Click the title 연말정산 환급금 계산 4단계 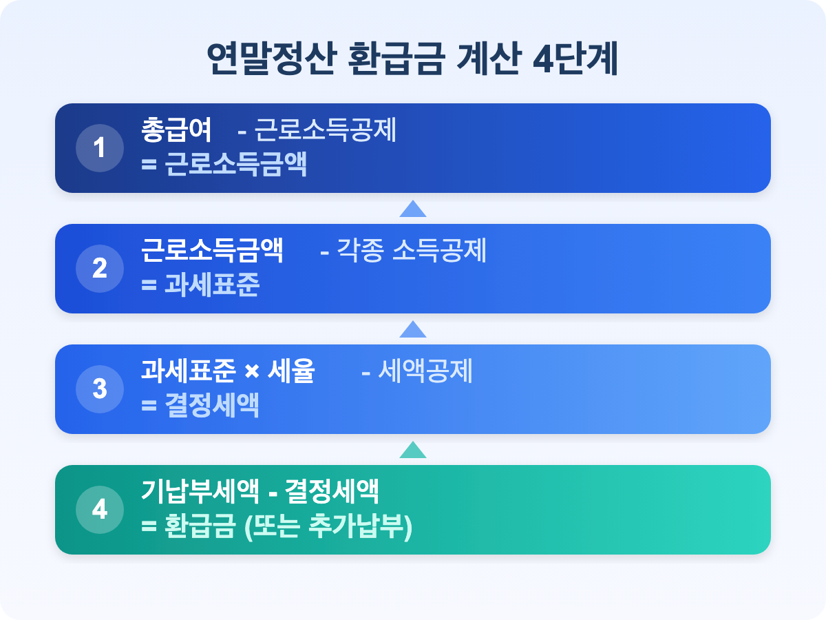412,59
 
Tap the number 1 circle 100,148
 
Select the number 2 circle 100,269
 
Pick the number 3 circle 100,389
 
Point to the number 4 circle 100,509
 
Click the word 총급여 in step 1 176,130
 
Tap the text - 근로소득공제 317,130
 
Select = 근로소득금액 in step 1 224,164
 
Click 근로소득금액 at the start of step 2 212,250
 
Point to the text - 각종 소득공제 403,250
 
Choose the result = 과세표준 200,285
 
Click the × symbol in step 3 252,371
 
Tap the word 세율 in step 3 291,371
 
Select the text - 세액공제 417,371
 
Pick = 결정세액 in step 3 200,405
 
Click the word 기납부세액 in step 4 200,491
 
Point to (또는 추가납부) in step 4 328,526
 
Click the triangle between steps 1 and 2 413,209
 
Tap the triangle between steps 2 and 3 413,330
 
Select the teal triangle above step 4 413,451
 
